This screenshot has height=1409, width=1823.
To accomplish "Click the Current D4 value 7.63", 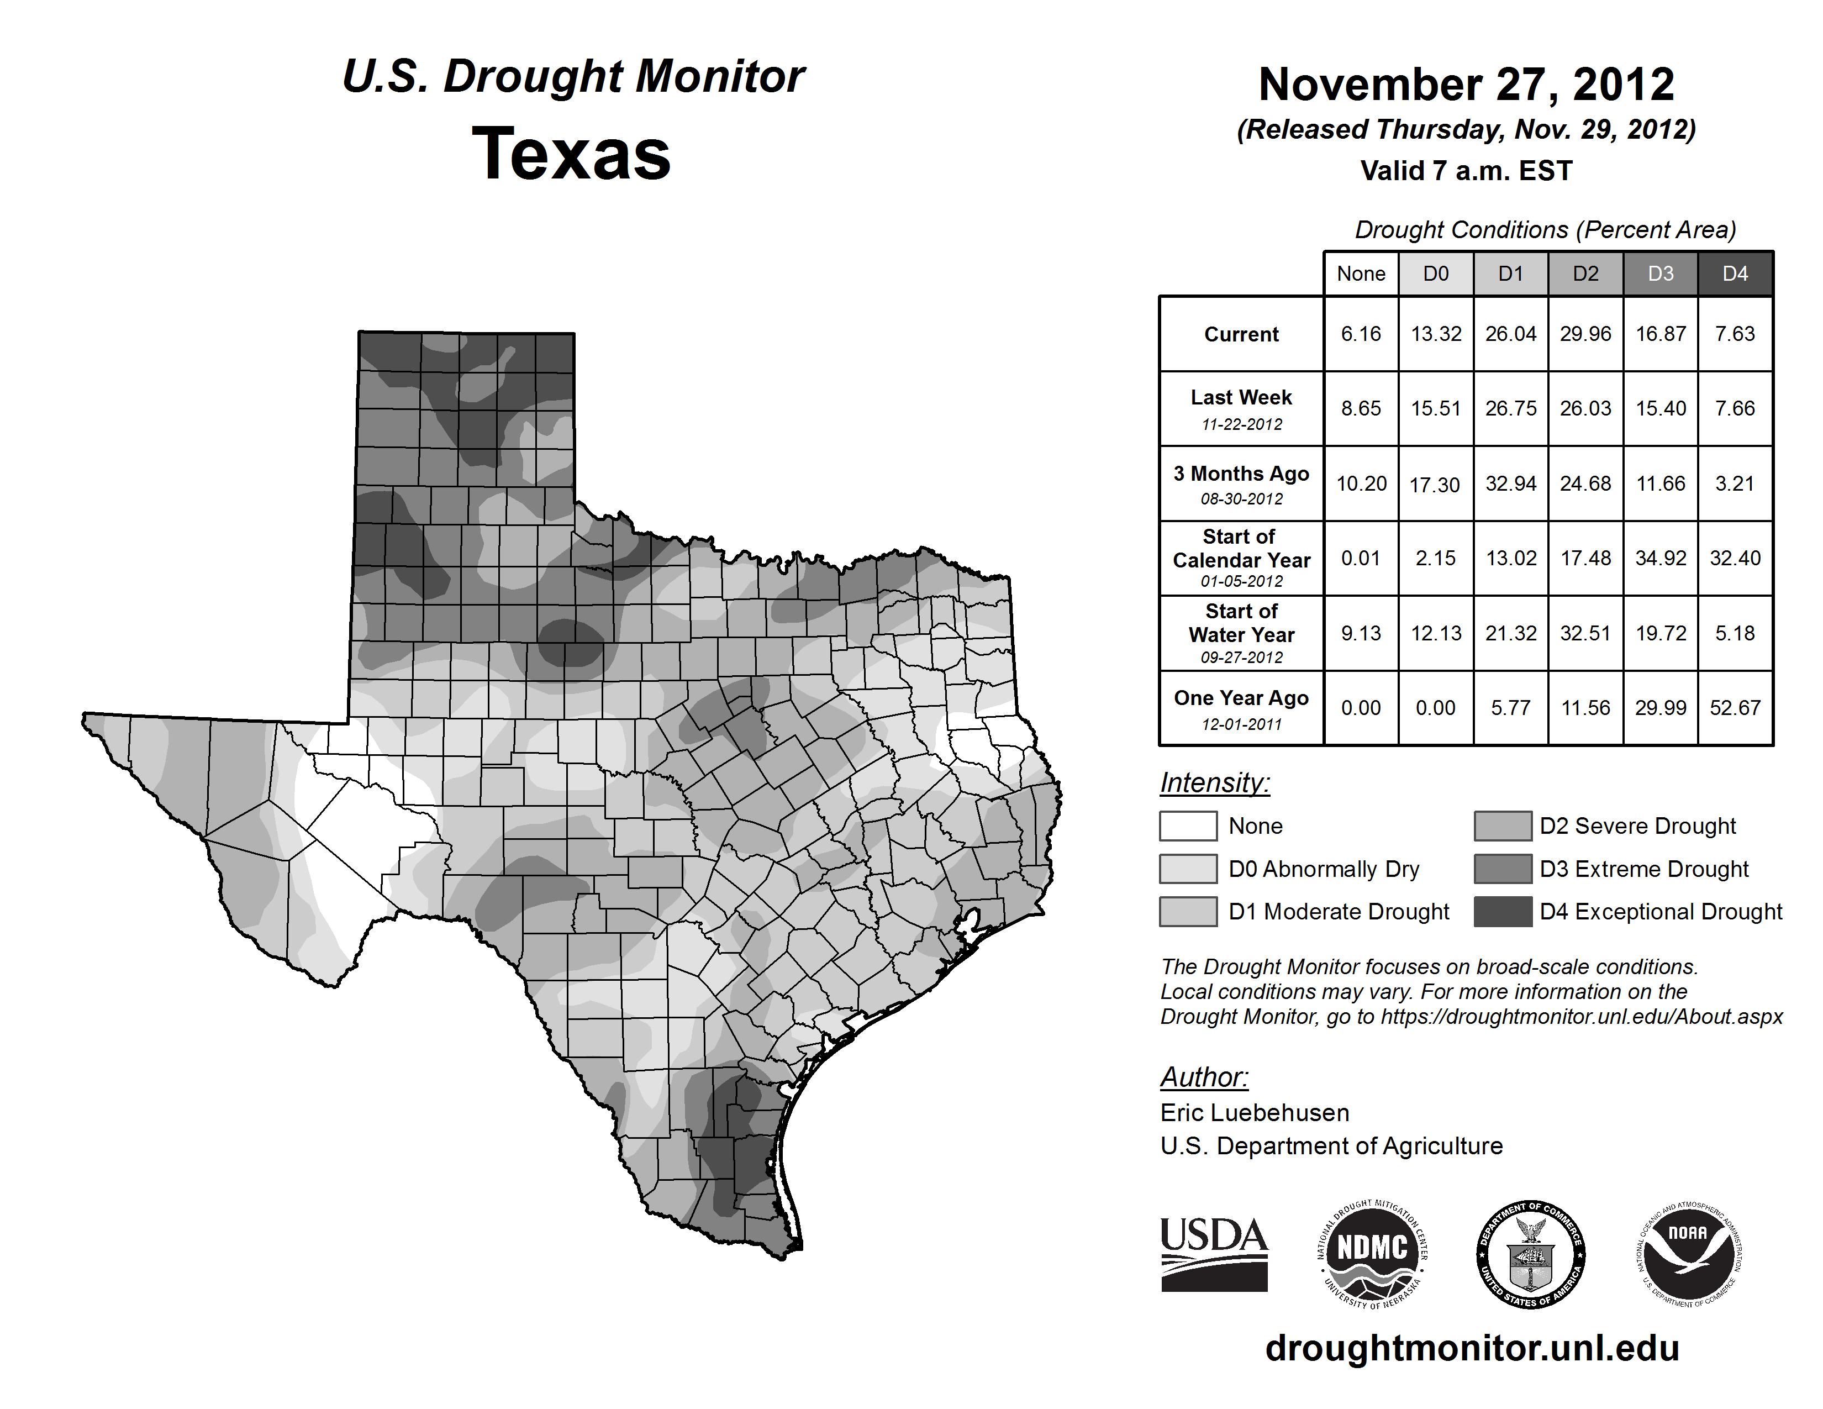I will [1735, 334].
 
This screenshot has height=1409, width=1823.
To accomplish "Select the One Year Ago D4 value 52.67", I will [1735, 708].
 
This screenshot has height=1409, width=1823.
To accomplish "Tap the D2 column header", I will [1585, 274].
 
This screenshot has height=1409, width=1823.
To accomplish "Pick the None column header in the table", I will [1361, 274].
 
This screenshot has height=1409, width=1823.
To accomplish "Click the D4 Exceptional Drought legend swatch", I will [1503, 912].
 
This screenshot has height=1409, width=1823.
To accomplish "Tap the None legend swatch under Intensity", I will [1188, 826].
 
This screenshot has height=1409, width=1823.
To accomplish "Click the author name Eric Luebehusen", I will [1255, 1113].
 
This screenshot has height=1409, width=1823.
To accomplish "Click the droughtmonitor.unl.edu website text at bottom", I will [1472, 1348].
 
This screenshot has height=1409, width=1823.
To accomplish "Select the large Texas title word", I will [571, 154].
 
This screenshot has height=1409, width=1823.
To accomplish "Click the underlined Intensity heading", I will [1214, 783].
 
